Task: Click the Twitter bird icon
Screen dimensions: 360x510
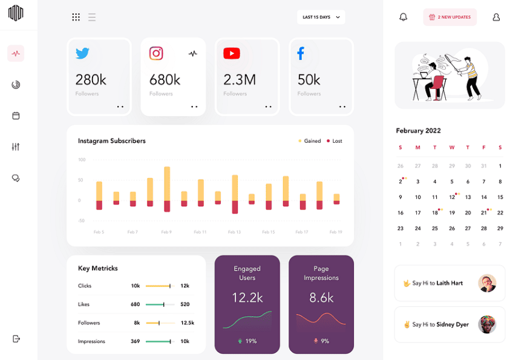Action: [x=82, y=53]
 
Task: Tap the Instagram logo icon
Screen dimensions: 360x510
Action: [x=156, y=53]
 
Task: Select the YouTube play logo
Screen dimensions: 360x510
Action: [x=231, y=54]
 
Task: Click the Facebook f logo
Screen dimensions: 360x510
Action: [x=301, y=54]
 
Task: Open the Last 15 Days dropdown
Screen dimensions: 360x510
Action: [x=321, y=17]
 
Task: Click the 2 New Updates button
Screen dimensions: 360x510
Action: [x=450, y=17]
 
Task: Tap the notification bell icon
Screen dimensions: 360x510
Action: [x=404, y=17]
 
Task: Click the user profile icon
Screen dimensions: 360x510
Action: [x=496, y=17]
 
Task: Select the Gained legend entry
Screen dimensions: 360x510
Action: [x=309, y=141]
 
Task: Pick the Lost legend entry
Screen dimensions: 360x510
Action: [x=334, y=141]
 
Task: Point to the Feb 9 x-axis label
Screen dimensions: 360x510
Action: [x=166, y=232]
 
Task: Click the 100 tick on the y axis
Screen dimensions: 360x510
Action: [x=82, y=160]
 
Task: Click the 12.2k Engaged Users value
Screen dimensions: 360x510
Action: [x=247, y=297]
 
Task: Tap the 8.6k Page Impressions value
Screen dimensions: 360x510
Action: [x=321, y=297]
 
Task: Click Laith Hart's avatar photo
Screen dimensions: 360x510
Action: [x=487, y=283]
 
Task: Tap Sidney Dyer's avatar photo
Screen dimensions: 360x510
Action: [x=487, y=324]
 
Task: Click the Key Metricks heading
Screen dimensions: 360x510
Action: [x=98, y=268]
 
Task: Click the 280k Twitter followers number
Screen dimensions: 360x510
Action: [x=91, y=79]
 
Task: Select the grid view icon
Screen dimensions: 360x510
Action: [x=76, y=17]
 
